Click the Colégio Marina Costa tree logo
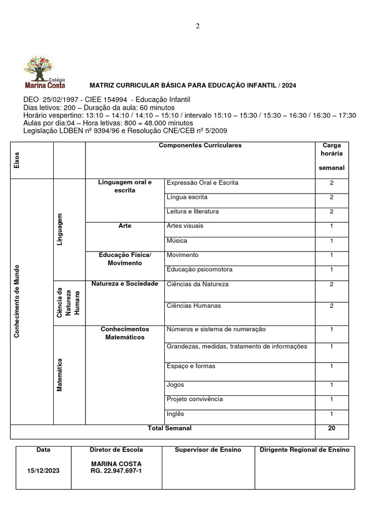(44, 72)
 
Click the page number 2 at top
(198, 27)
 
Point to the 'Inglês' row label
(175, 414)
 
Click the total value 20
(332, 428)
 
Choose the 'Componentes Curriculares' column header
(200, 145)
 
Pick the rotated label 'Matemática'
(59, 375)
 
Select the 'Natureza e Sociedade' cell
(125, 284)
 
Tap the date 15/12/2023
(43, 471)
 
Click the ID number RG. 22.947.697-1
(116, 471)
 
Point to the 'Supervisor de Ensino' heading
(208, 450)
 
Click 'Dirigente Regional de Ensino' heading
(305, 450)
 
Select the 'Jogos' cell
(175, 385)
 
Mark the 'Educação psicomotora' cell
(199, 270)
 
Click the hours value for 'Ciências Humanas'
(332, 306)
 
